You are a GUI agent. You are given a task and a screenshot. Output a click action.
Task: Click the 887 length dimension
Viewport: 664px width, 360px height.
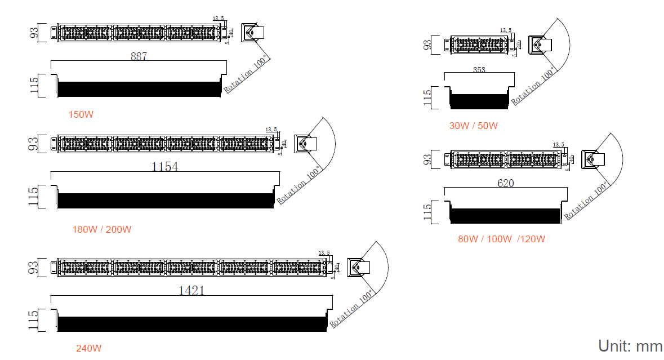pos(139,56)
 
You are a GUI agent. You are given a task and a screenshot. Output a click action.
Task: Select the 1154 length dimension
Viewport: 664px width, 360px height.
pos(164,167)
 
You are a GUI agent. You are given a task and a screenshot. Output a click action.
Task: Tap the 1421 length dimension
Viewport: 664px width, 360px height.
pos(191,291)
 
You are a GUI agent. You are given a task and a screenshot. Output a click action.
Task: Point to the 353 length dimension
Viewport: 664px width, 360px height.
pos(479,70)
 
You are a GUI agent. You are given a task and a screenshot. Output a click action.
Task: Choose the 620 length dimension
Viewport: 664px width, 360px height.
pos(505,183)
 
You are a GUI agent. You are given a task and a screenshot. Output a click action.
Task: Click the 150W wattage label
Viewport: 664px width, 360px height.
pos(81,115)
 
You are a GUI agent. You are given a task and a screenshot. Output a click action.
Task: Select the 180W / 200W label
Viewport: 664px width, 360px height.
pos(101,229)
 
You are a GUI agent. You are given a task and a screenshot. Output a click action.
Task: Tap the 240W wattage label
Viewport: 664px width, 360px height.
pos(89,348)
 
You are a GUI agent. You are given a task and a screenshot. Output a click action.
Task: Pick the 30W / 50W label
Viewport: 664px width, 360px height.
pos(473,126)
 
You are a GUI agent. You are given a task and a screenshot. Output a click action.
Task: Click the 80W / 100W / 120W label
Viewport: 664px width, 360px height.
pos(501,239)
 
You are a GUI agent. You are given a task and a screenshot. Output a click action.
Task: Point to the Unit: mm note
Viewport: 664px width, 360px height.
pos(630,346)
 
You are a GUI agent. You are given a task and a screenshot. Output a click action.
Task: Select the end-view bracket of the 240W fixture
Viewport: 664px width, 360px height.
pos(358,268)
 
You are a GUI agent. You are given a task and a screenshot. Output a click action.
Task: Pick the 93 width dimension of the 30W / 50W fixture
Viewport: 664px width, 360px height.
pos(427,45)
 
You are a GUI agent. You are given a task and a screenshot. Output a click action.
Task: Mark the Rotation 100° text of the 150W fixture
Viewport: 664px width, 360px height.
pos(246,74)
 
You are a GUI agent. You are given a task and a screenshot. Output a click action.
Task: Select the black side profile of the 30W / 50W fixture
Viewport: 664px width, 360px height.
pos(479,101)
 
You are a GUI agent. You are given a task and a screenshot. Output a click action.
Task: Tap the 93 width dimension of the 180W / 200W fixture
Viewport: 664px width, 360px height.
pos(34,143)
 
